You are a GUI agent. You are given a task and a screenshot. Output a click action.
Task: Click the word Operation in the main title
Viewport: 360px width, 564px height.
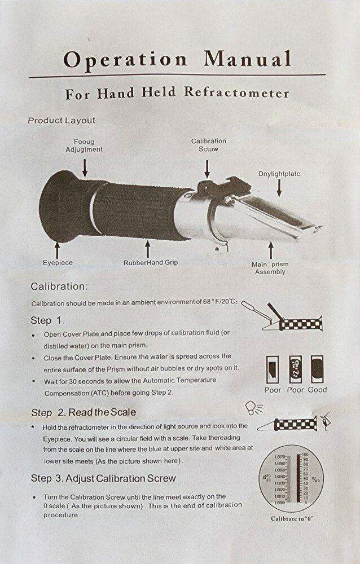click(125, 59)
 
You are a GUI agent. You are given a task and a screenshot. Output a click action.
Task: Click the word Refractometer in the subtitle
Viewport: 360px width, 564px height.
click(244, 93)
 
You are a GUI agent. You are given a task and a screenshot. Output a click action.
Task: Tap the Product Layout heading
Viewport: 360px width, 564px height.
click(62, 120)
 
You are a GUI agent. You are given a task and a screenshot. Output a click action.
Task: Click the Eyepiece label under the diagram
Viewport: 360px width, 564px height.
click(58, 262)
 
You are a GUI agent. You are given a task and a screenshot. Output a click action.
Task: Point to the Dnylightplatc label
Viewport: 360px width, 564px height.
click(279, 174)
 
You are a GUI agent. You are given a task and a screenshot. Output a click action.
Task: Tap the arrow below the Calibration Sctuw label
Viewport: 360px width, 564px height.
click(208, 167)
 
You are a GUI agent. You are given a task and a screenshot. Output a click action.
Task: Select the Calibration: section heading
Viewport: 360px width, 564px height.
click(59, 287)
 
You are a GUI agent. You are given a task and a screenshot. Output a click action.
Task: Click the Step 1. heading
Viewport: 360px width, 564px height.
click(48, 320)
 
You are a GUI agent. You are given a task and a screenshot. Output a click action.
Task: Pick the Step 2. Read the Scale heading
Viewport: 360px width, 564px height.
click(83, 412)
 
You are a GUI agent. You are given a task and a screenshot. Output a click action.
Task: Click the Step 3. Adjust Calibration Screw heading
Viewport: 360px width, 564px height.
click(103, 478)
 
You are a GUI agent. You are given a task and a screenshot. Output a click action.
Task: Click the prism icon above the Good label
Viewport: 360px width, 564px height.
click(317, 369)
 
